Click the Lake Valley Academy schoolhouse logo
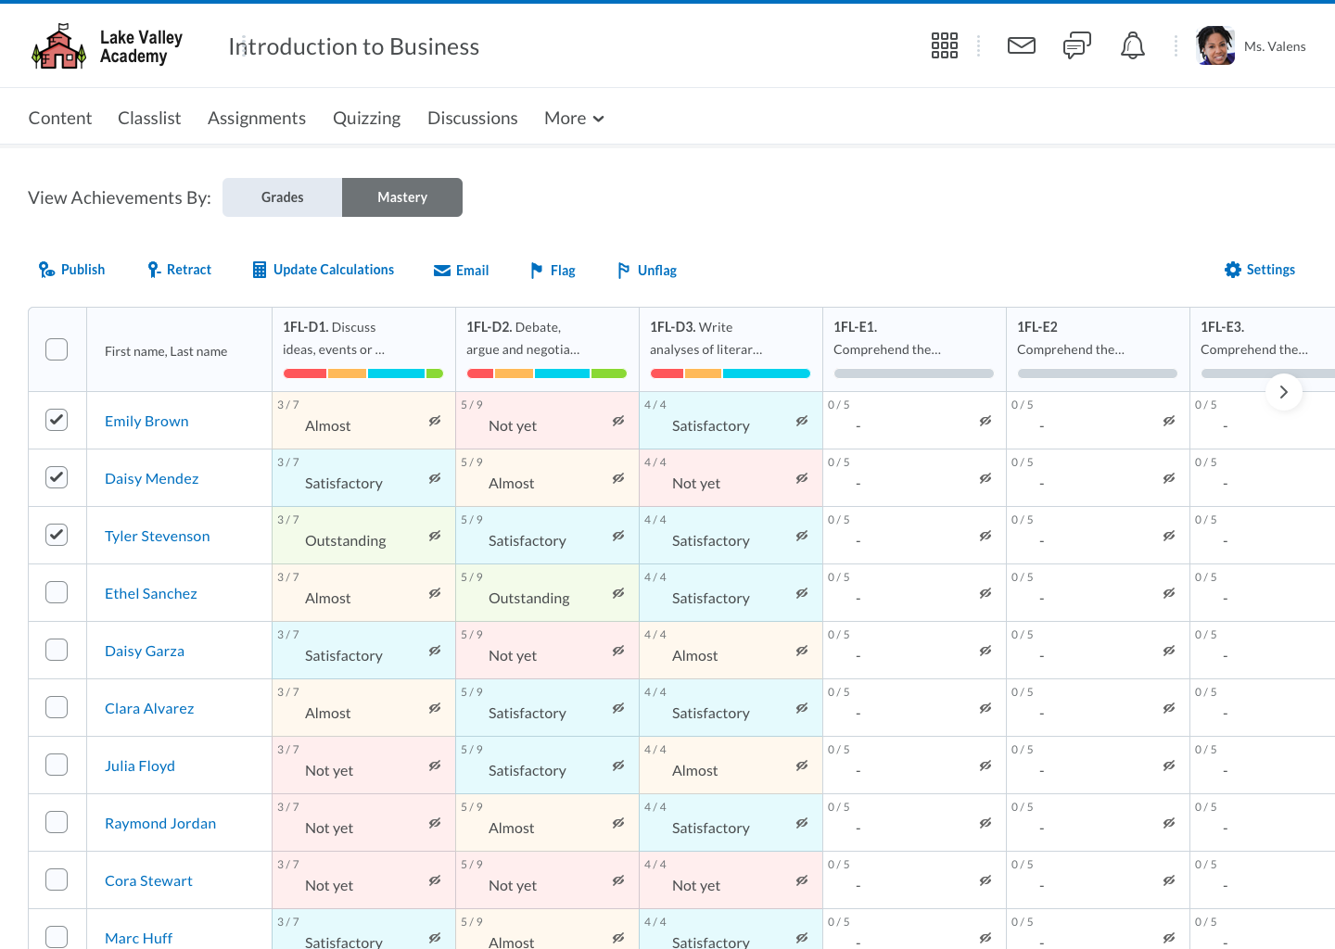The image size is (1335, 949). [x=58, y=47]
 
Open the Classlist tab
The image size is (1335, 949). [x=149, y=118]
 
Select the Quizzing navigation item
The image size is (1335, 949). [x=366, y=118]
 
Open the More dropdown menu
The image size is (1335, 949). [x=574, y=118]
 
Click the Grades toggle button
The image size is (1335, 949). [x=282, y=197]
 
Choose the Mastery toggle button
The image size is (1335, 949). [x=402, y=197]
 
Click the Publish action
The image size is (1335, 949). [x=71, y=270]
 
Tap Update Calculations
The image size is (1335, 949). [x=324, y=270]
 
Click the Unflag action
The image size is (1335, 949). [x=647, y=271]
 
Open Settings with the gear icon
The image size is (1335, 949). [x=1259, y=270]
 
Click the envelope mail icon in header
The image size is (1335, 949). [x=1021, y=45]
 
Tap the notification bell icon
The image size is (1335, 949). [x=1132, y=45]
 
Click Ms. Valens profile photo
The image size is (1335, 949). [x=1214, y=45]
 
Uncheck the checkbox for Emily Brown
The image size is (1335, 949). [x=57, y=420]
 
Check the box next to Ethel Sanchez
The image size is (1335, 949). [x=57, y=592]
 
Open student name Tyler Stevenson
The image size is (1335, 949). [x=157, y=536]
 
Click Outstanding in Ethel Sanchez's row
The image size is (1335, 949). [x=528, y=599]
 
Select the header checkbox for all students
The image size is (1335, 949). [x=57, y=349]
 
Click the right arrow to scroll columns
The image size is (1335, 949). [x=1283, y=392]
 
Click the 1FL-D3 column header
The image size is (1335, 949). [x=706, y=338]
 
